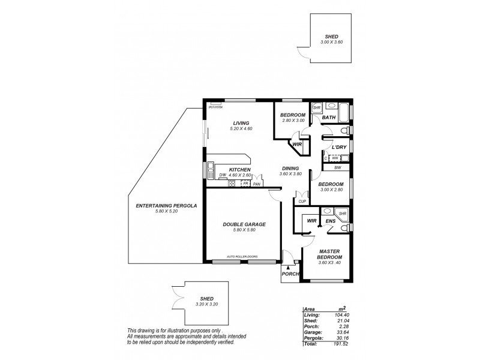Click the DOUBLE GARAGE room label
tap(244, 224)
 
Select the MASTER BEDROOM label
tap(330, 253)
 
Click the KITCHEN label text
tap(240, 170)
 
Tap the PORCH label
tap(290, 274)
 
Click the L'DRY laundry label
tap(340, 147)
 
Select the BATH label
tap(329, 118)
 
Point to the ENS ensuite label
tap(331, 221)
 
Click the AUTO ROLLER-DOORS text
tap(243, 256)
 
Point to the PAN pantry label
tap(257, 184)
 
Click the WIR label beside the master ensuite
tap(311, 221)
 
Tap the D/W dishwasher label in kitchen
tap(222, 175)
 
